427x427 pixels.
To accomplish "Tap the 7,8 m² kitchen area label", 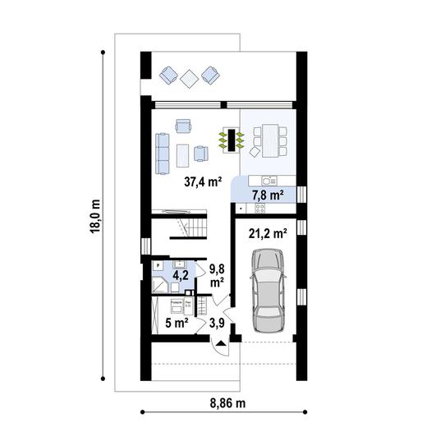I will click(268, 195).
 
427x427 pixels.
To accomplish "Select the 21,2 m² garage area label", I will click(268, 232).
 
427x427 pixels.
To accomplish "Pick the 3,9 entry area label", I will click(217, 322).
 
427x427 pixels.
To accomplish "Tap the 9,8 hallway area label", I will click(218, 274).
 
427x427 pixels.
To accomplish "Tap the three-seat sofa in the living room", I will click(161, 145).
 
